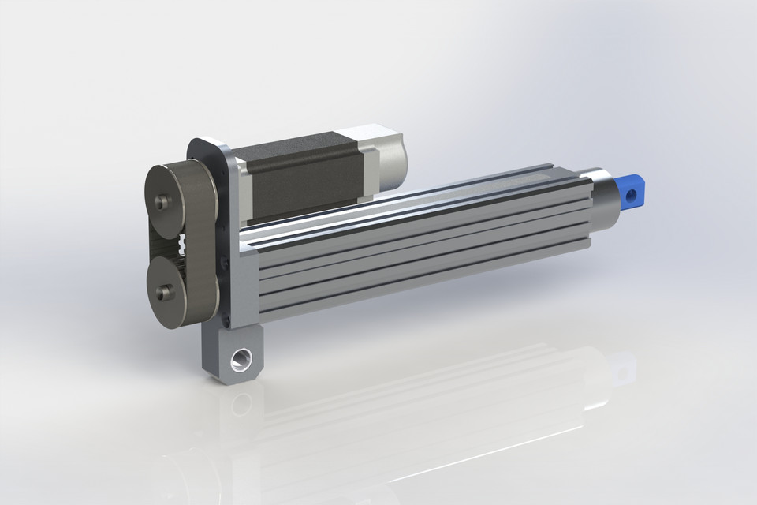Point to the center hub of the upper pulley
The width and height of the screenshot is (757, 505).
[x=162, y=202]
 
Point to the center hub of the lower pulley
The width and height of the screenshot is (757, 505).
[x=163, y=292]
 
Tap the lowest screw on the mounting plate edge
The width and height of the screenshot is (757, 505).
[x=226, y=320]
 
